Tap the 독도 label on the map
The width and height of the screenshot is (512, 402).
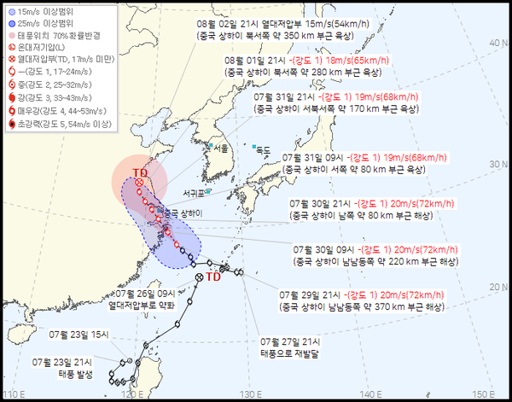(x=267, y=150)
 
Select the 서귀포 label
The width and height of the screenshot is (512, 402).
(x=193, y=194)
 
